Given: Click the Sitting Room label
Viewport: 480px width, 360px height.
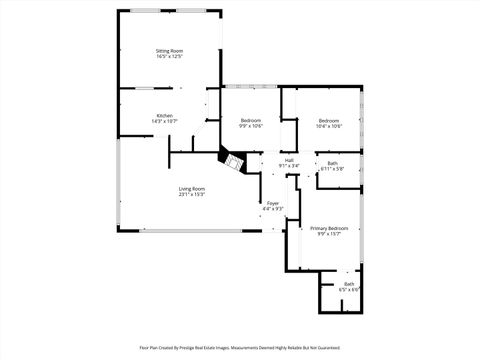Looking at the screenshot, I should tap(169, 51).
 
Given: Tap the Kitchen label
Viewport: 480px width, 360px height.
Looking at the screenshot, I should tap(164, 115).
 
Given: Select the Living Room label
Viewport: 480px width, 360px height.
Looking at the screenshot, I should tap(191, 188).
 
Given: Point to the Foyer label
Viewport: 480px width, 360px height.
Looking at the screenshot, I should tap(272, 203).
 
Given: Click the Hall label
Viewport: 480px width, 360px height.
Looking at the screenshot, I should tap(289, 160).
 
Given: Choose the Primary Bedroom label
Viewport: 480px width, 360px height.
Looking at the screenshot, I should tap(329, 228).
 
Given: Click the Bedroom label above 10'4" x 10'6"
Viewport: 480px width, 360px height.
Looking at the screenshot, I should tap(329, 120).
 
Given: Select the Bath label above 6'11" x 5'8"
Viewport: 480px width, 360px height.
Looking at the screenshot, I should tap(332, 163).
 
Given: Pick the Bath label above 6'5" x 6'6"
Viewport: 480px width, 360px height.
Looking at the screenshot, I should tap(349, 284).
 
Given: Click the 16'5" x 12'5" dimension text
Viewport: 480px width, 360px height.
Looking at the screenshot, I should tap(169, 57).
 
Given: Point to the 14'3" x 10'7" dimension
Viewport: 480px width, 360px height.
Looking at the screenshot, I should tap(164, 121).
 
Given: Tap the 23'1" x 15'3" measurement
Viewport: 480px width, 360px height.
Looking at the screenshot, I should tap(191, 194).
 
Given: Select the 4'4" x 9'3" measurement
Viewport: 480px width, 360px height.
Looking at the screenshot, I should tap(272, 209).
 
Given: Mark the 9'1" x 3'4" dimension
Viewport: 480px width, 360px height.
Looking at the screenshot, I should tap(289, 166).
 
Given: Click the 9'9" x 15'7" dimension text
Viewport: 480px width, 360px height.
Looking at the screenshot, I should tap(329, 234).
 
